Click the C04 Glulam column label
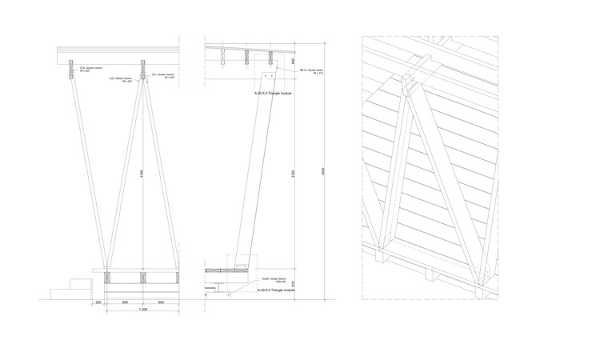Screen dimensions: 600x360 tap(83, 70)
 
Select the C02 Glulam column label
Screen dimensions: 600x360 tap(122, 80)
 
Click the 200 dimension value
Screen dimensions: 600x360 tap(98, 302)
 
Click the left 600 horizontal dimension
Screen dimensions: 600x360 tap(125, 302)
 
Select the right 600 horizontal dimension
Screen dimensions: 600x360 tap(161, 302)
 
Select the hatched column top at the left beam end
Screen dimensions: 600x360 tap(70, 68)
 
